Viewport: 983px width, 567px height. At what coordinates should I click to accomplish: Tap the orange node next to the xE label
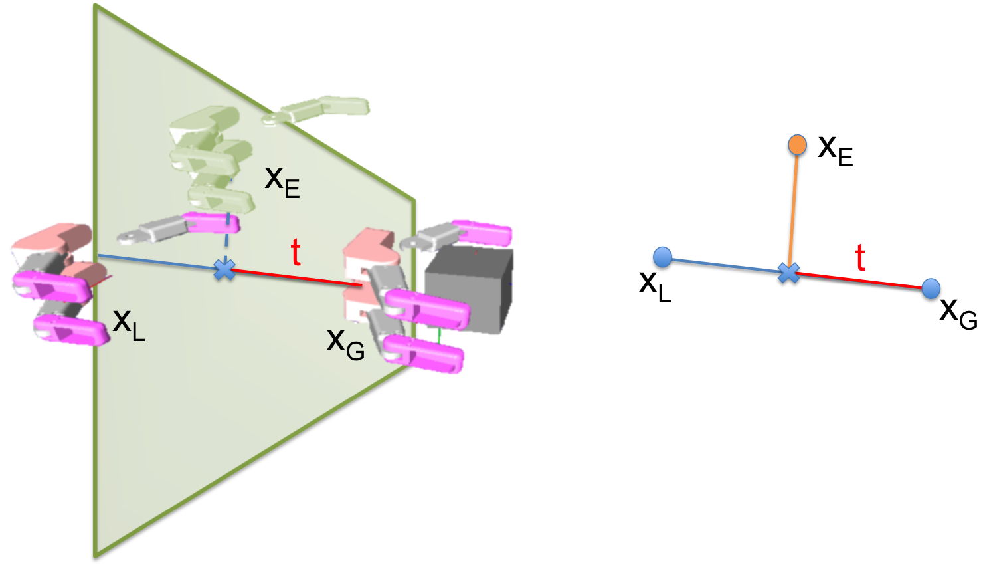pyautogui.click(x=796, y=145)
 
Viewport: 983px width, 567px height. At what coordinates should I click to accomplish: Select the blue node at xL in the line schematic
pyautogui.click(x=662, y=257)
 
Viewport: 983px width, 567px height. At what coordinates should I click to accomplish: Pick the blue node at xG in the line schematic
pyautogui.click(x=932, y=288)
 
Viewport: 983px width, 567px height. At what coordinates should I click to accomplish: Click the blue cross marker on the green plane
pyautogui.click(x=224, y=269)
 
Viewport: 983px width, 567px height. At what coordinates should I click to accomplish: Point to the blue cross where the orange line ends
pyautogui.click(x=788, y=273)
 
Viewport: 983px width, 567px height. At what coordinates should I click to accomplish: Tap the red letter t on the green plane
pyautogui.click(x=296, y=253)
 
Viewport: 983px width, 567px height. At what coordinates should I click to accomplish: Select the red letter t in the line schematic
pyautogui.click(x=861, y=258)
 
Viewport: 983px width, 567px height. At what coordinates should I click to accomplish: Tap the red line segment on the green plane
pyautogui.click(x=292, y=277)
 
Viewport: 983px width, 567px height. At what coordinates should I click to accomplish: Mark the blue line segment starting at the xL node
pyautogui.click(x=724, y=266)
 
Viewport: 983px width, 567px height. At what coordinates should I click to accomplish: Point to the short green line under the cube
pyautogui.click(x=439, y=336)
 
